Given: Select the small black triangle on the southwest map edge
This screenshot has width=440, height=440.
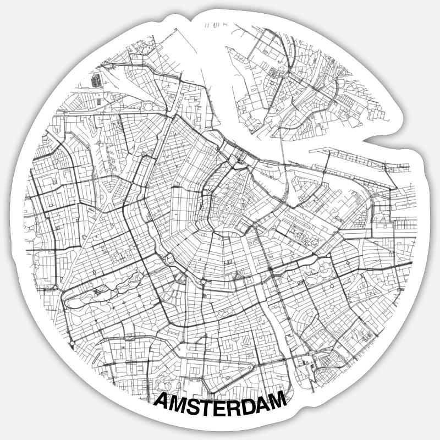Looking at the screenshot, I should point(72,345).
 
